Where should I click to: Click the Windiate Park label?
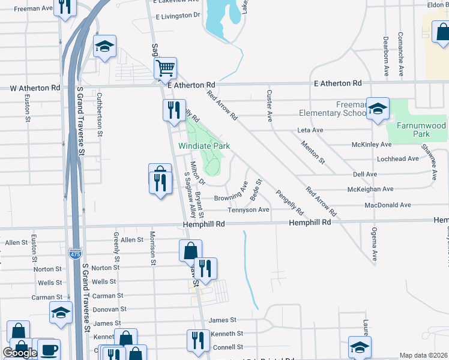click(203, 146)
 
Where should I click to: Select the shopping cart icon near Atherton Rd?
click(165, 68)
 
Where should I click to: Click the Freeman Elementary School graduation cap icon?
click(378, 109)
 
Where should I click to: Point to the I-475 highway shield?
click(75, 254)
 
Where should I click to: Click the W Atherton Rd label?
click(35, 88)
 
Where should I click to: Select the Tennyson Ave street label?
click(248, 210)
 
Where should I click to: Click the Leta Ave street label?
click(310, 130)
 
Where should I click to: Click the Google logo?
click(20, 353)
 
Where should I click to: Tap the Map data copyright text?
click(423, 355)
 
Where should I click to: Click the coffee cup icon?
click(49, 349)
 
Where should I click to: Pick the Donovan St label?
click(109, 310)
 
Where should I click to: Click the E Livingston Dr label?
click(177, 15)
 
